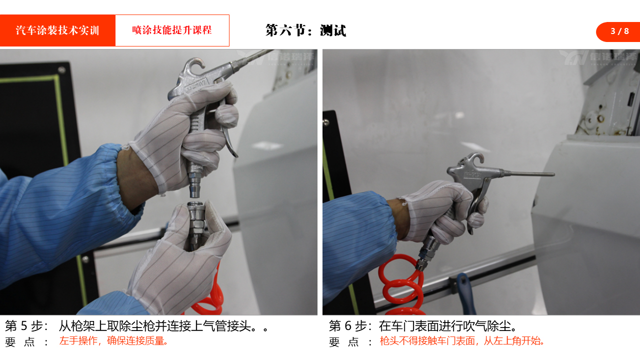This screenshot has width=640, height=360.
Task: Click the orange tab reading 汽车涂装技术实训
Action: click(57, 30)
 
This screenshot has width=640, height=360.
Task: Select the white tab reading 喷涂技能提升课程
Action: click(172, 30)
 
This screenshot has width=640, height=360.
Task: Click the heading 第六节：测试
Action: click(305, 30)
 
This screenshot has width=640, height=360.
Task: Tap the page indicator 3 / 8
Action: click(619, 31)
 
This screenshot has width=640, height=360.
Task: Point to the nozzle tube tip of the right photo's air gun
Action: click(552, 174)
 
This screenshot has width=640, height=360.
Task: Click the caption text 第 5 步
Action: click(26, 326)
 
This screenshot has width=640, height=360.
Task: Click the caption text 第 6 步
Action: click(350, 326)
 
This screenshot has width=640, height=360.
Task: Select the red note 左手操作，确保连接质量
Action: click(113, 341)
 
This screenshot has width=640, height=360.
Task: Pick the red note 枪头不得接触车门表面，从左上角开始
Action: click(462, 341)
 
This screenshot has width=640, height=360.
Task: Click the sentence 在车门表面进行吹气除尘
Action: click(448, 326)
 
